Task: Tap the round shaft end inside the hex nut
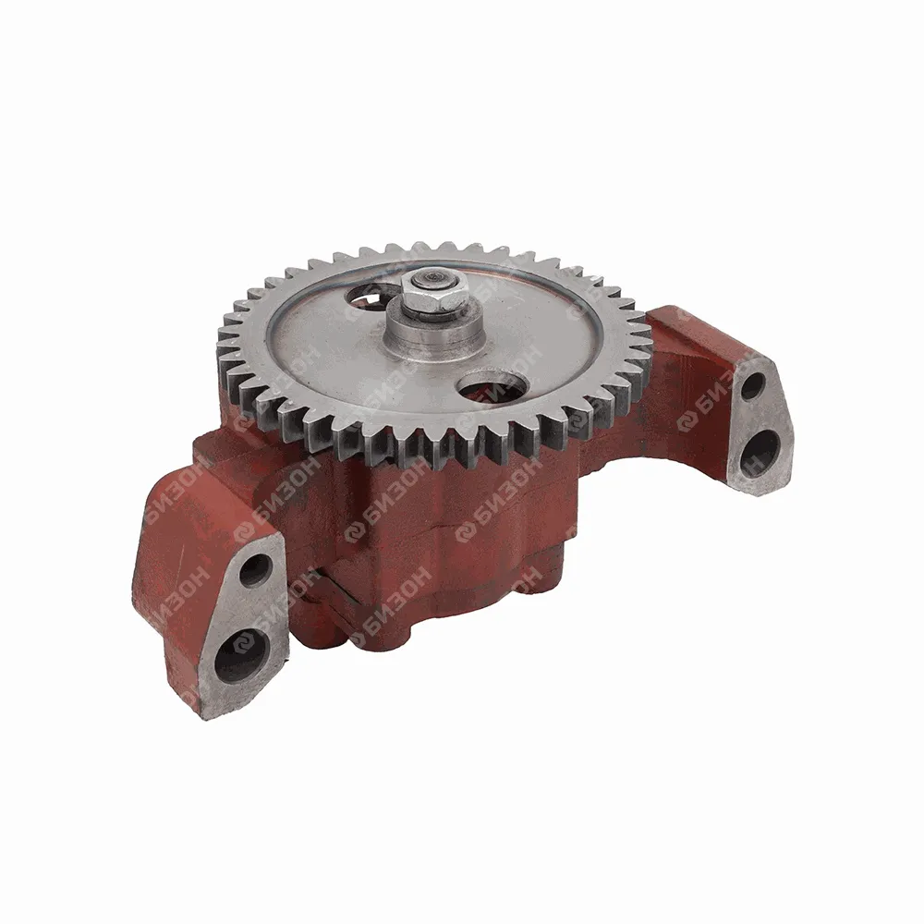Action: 433,277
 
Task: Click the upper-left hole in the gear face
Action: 370,295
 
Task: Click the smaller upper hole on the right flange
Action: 753,388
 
